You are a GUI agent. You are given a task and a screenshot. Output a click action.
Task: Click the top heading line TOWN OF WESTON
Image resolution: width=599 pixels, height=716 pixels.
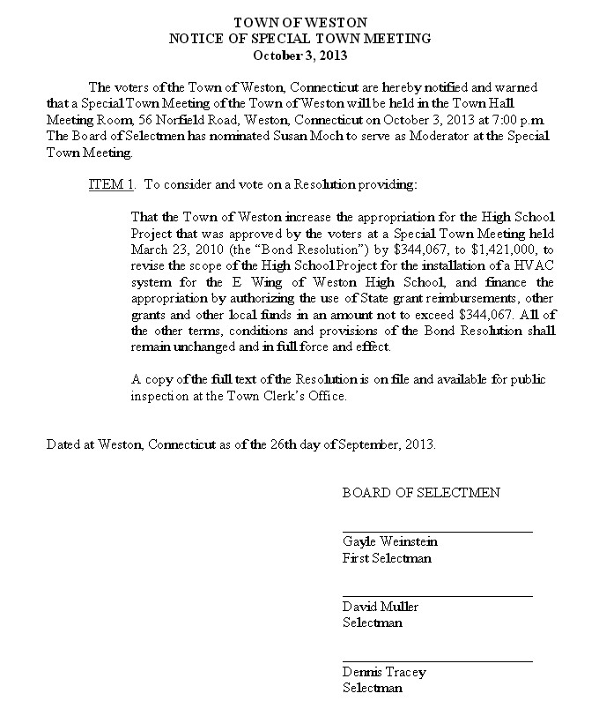[301, 22]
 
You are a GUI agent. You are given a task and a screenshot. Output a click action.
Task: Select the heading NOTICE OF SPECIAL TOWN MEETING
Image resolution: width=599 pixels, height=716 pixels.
[301, 39]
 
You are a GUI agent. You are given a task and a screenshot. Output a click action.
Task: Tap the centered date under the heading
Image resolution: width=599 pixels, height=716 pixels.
[301, 55]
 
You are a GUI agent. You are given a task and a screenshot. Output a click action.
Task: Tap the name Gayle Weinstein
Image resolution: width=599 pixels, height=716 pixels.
[390, 541]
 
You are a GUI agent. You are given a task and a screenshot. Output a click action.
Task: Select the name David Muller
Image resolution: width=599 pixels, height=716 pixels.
[381, 607]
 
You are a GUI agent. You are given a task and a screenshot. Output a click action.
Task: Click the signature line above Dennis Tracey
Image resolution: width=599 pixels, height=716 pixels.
[437, 661]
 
